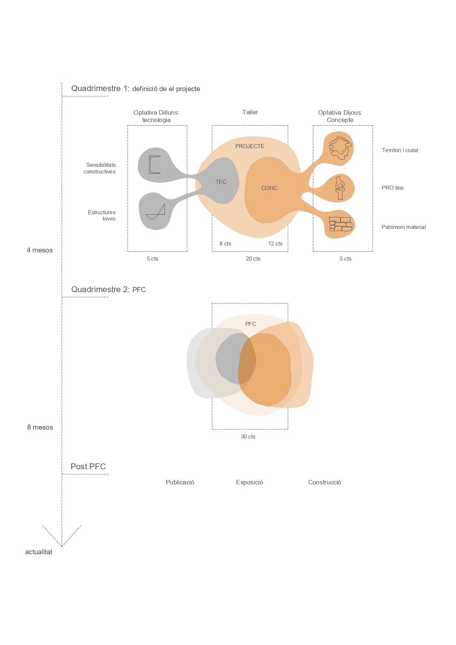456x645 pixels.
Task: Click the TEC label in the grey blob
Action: [221, 182]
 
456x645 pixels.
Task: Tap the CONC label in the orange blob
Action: [270, 188]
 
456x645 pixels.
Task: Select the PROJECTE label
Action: [250, 146]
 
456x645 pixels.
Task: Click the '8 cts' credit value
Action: [225, 244]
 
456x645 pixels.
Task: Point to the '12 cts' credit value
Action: [275, 244]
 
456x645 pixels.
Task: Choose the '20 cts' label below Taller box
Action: [253, 259]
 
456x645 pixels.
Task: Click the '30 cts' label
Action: [248, 437]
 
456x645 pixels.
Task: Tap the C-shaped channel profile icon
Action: [154, 165]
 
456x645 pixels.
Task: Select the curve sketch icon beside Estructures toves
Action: [155, 212]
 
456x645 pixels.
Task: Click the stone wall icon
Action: [341, 224]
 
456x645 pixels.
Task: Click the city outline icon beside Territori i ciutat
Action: [340, 148]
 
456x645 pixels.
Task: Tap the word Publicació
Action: [180, 482]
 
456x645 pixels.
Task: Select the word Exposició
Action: [249, 482]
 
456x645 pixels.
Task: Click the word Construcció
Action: [324, 482]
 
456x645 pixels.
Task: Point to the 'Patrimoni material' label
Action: [404, 227]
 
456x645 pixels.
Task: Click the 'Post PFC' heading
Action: [88, 466]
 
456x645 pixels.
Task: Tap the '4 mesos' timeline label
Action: [40, 250]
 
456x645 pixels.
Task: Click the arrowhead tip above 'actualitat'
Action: [62, 547]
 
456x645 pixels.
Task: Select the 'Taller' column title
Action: [250, 112]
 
